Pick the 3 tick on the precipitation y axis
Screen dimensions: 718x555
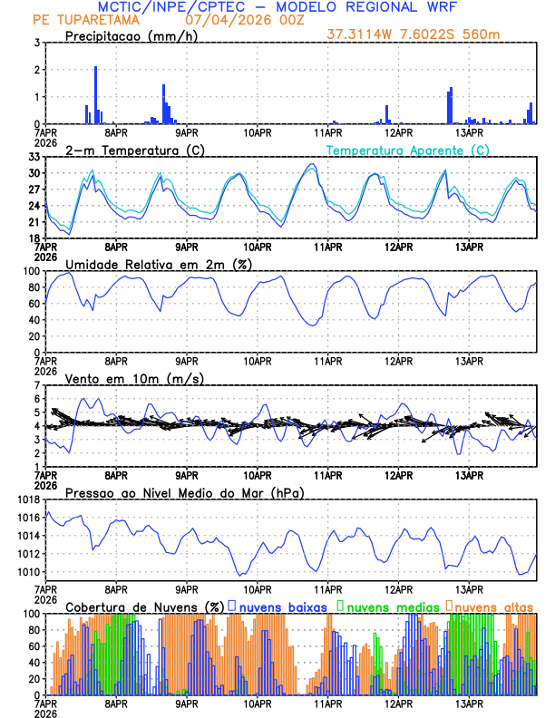pos(35,43)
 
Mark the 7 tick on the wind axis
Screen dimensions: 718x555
pos(35,385)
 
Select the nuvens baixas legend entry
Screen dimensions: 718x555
pos(282,606)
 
